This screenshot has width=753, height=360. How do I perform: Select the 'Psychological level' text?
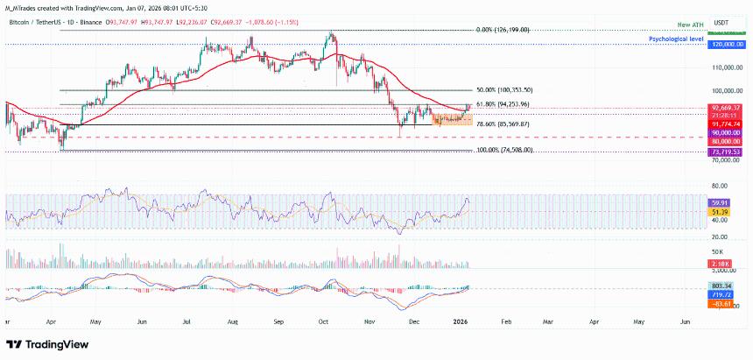[675, 40]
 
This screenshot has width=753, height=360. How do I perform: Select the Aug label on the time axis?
[232, 322]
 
